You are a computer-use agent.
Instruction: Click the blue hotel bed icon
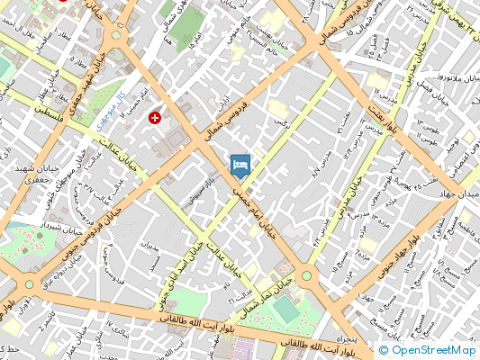coord(240,165)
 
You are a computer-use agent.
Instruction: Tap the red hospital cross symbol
coord(157,118)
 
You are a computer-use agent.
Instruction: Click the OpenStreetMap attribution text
coord(428,350)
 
